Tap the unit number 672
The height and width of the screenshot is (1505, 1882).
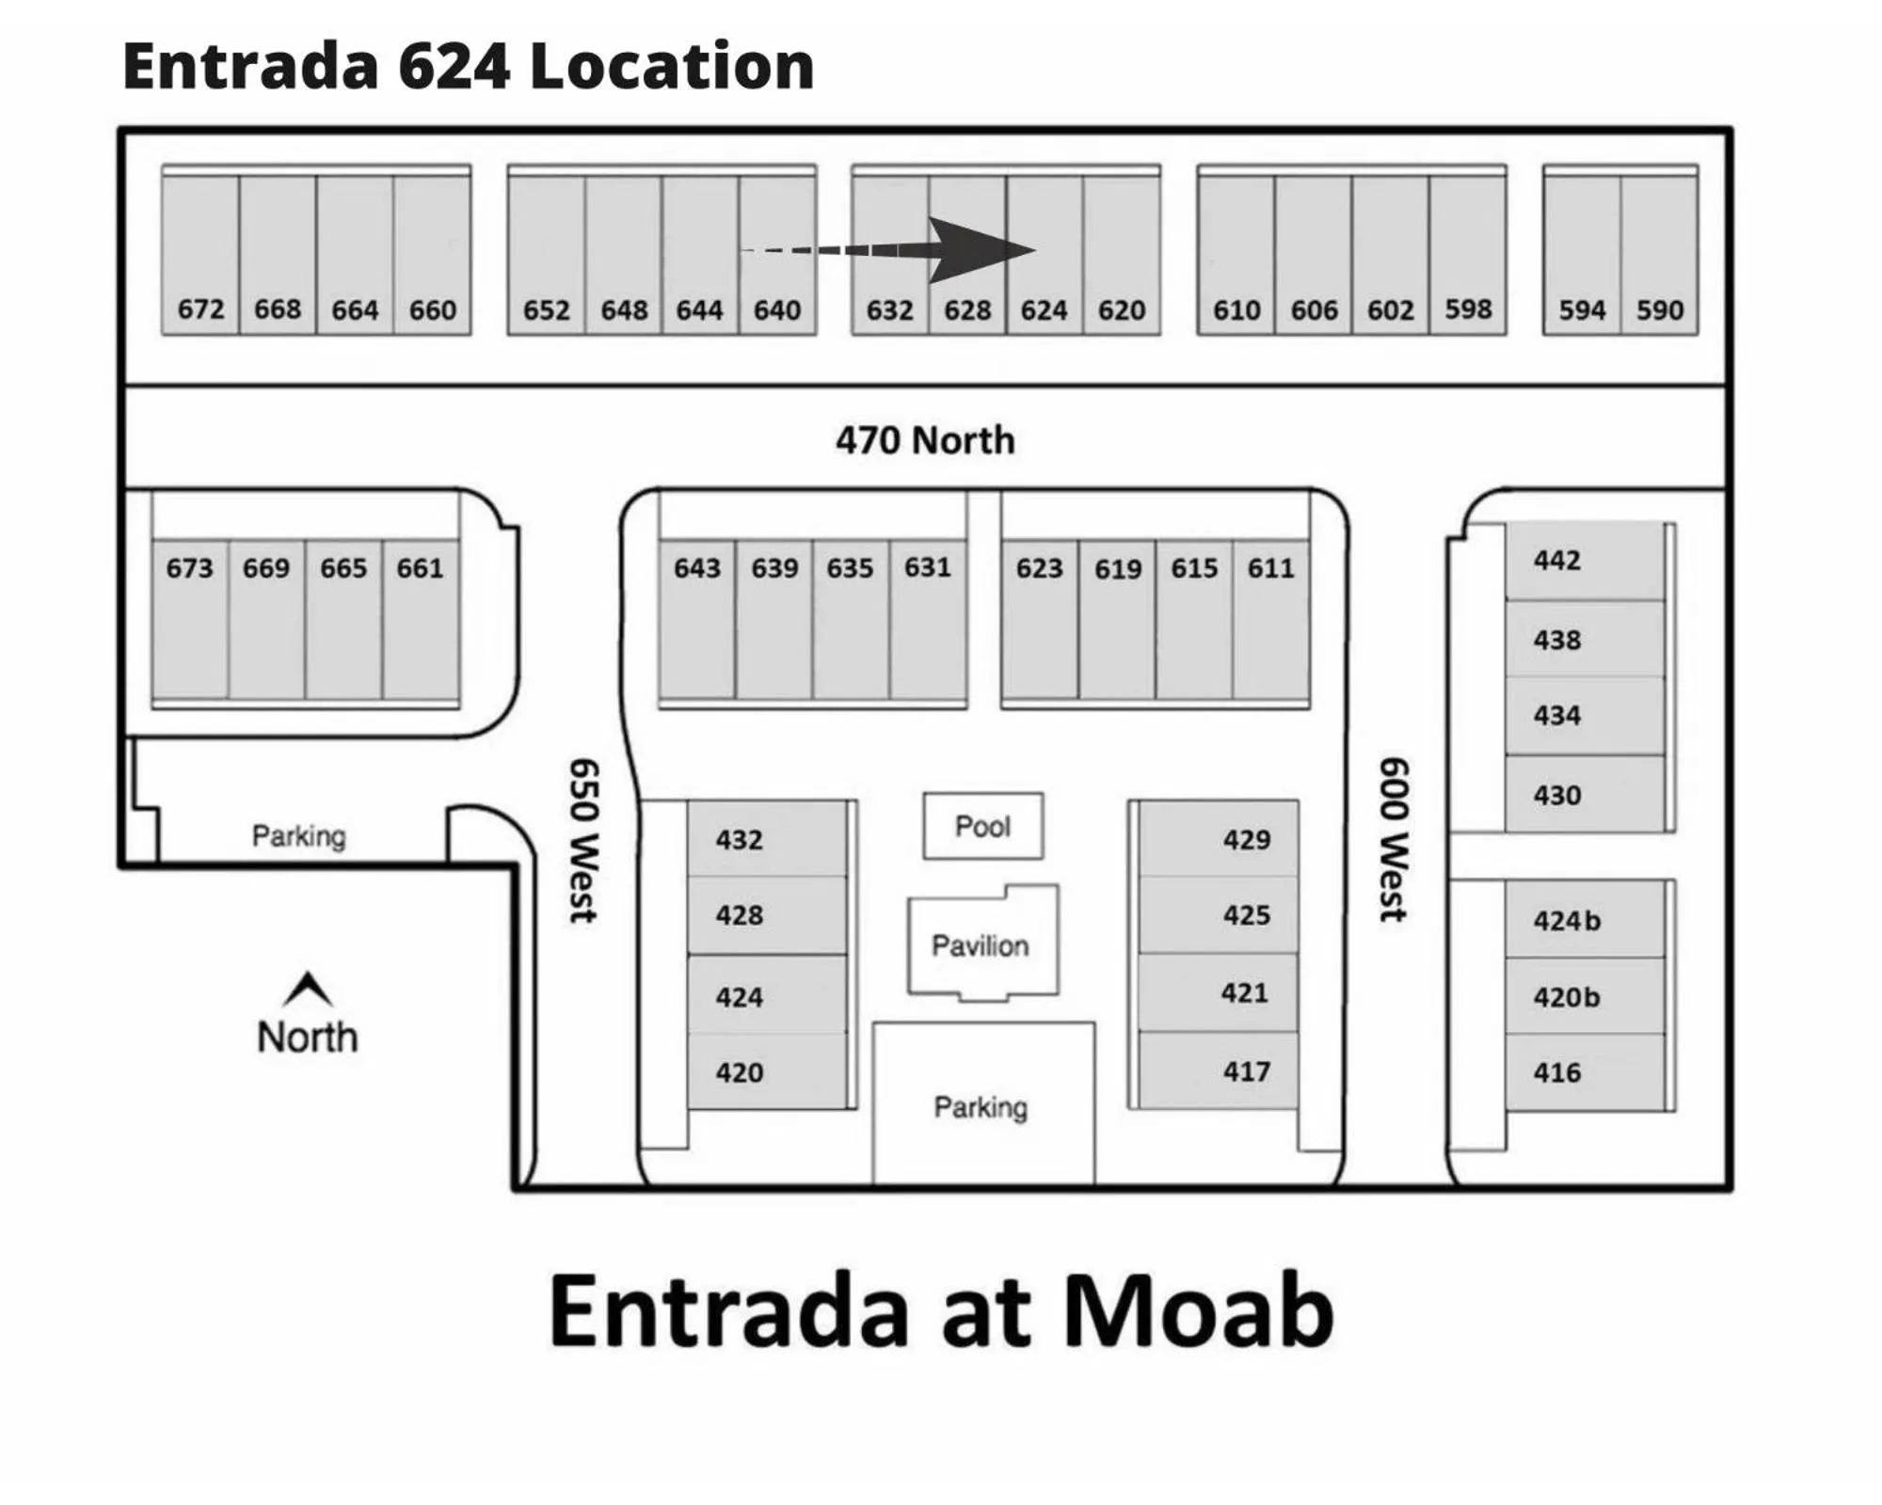tap(200, 309)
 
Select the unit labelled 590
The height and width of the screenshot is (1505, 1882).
tap(1659, 309)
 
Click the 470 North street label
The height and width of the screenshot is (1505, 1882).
tap(925, 440)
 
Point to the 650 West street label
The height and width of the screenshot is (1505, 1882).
tap(583, 840)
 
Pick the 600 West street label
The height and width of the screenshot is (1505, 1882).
tap(1394, 839)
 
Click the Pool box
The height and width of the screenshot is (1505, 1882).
tap(982, 826)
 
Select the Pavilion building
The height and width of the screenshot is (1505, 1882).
tap(981, 943)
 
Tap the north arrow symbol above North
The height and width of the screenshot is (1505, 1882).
tap(308, 988)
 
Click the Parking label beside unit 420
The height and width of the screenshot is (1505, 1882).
tap(981, 1107)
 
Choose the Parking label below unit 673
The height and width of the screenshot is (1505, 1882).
tap(299, 835)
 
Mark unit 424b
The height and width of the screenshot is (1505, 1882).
tap(1567, 920)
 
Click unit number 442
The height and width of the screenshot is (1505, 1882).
tap(1557, 561)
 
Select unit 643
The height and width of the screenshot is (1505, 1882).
tap(696, 568)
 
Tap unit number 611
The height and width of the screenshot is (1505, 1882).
tap(1270, 568)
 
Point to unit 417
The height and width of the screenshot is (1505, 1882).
tap(1246, 1071)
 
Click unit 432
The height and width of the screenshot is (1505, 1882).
tap(739, 839)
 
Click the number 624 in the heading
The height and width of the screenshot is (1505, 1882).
tap(454, 66)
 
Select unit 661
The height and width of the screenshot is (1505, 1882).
tap(420, 568)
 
